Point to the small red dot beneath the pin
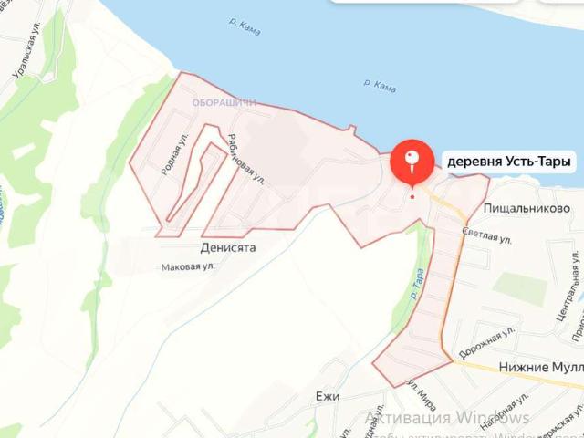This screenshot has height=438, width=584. click(x=412, y=196)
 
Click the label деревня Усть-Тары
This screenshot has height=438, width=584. click(x=508, y=162)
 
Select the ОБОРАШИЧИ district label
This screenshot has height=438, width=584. click(x=224, y=103)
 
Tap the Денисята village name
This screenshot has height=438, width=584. click(x=227, y=246)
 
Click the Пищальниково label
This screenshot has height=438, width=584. click(x=527, y=208)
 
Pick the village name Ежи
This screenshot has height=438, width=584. click(x=327, y=397)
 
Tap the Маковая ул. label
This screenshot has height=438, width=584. click(x=187, y=266)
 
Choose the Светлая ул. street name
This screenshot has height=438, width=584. click(x=485, y=235)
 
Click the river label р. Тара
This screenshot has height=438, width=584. click(x=417, y=283)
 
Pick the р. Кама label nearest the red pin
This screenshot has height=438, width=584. click(x=379, y=87)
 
